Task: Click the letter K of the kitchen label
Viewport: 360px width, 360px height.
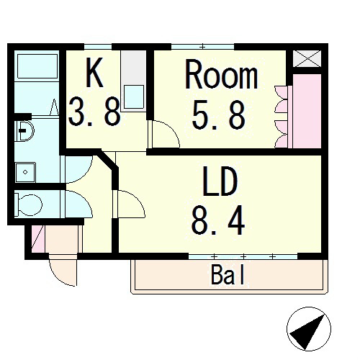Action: pos(94,72)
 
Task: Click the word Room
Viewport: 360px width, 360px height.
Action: pos(222,75)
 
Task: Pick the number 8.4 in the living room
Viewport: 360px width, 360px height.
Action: pos(217,220)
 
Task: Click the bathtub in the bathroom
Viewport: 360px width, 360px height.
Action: pos(37,70)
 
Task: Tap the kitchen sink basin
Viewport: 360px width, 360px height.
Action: pos(134,94)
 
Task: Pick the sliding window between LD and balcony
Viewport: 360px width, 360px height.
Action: pos(242,256)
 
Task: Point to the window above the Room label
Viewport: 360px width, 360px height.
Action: pos(203,47)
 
